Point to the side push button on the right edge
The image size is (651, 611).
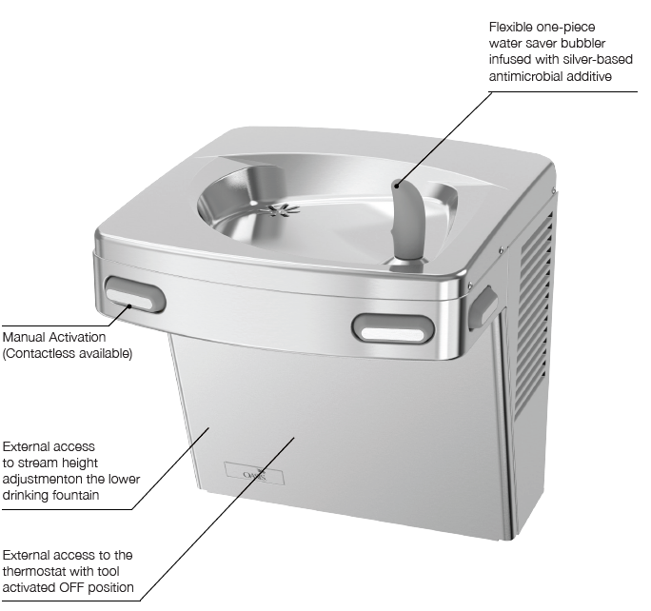pos(482,301)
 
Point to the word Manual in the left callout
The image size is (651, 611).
pos(24,338)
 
